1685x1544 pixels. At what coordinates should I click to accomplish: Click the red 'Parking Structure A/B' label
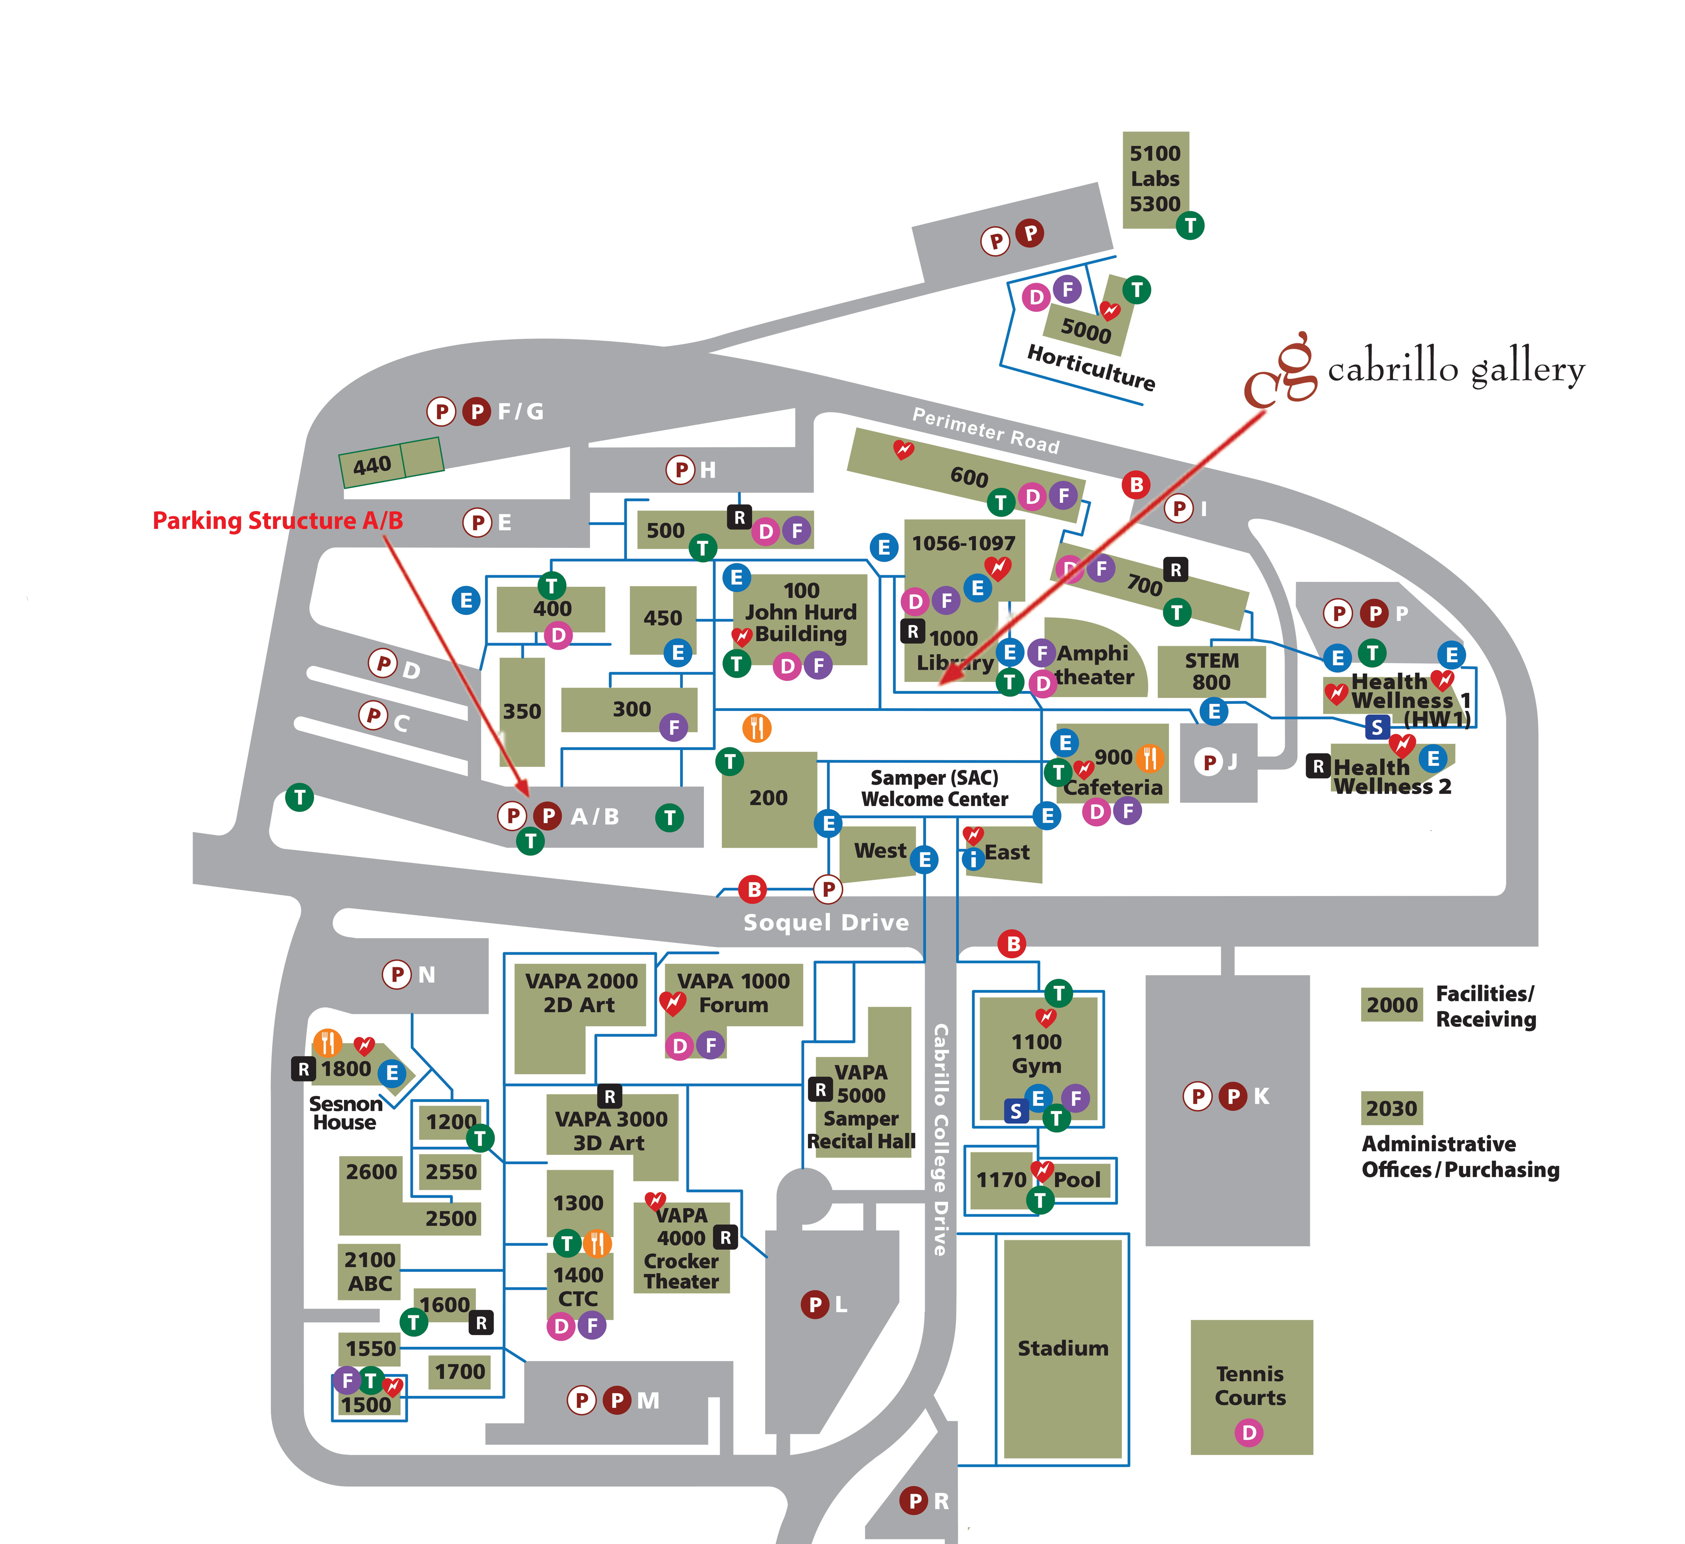(x=278, y=521)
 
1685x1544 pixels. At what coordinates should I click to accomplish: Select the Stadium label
(x=1062, y=1347)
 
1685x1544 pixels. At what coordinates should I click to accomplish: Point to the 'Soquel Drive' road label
(x=826, y=922)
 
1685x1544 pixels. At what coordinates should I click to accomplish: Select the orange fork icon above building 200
(x=756, y=727)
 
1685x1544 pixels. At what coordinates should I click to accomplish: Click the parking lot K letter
(x=1261, y=1096)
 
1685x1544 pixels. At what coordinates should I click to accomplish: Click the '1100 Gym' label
(x=1036, y=1053)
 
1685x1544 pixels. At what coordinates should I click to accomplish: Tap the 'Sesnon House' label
(x=345, y=1113)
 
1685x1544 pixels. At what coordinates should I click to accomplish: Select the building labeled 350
(x=521, y=712)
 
